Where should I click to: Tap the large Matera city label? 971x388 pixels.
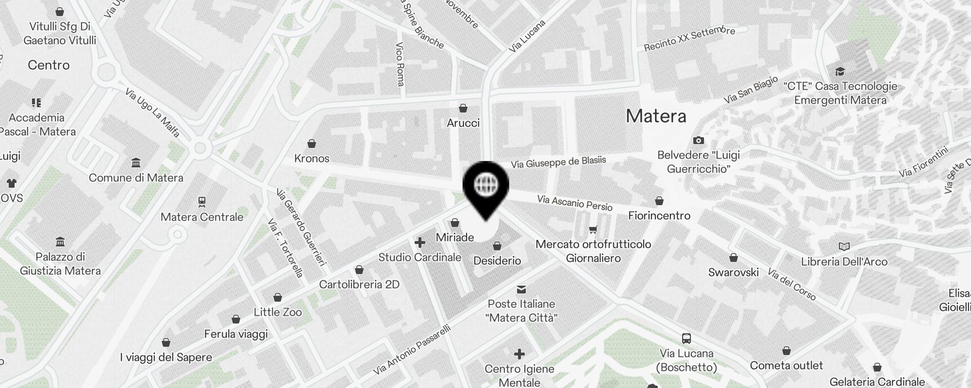pos(656,116)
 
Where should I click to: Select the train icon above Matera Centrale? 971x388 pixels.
pos(202,201)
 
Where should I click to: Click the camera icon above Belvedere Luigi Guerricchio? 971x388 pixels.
pos(699,140)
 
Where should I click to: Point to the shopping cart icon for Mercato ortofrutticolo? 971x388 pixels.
pos(593,229)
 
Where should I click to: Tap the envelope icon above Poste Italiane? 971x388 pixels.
pos(521,290)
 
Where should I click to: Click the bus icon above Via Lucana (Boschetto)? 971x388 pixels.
pos(686,339)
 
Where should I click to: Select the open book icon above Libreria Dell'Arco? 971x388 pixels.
pos(844,247)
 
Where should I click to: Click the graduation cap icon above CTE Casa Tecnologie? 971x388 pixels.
pos(840,72)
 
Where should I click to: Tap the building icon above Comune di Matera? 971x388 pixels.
pos(136,162)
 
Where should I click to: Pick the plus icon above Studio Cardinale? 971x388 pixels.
pos(420,242)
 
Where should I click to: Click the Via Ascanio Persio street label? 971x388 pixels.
pos(575,203)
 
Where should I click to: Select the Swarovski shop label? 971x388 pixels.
pos(733,272)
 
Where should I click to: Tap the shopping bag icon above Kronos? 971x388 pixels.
pos(312,144)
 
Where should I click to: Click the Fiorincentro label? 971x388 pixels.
pos(659,215)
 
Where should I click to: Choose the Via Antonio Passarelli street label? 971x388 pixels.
pos(413,349)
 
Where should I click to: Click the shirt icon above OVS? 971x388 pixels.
pos(12,183)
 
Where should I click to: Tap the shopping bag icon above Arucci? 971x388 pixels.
pos(463,108)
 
